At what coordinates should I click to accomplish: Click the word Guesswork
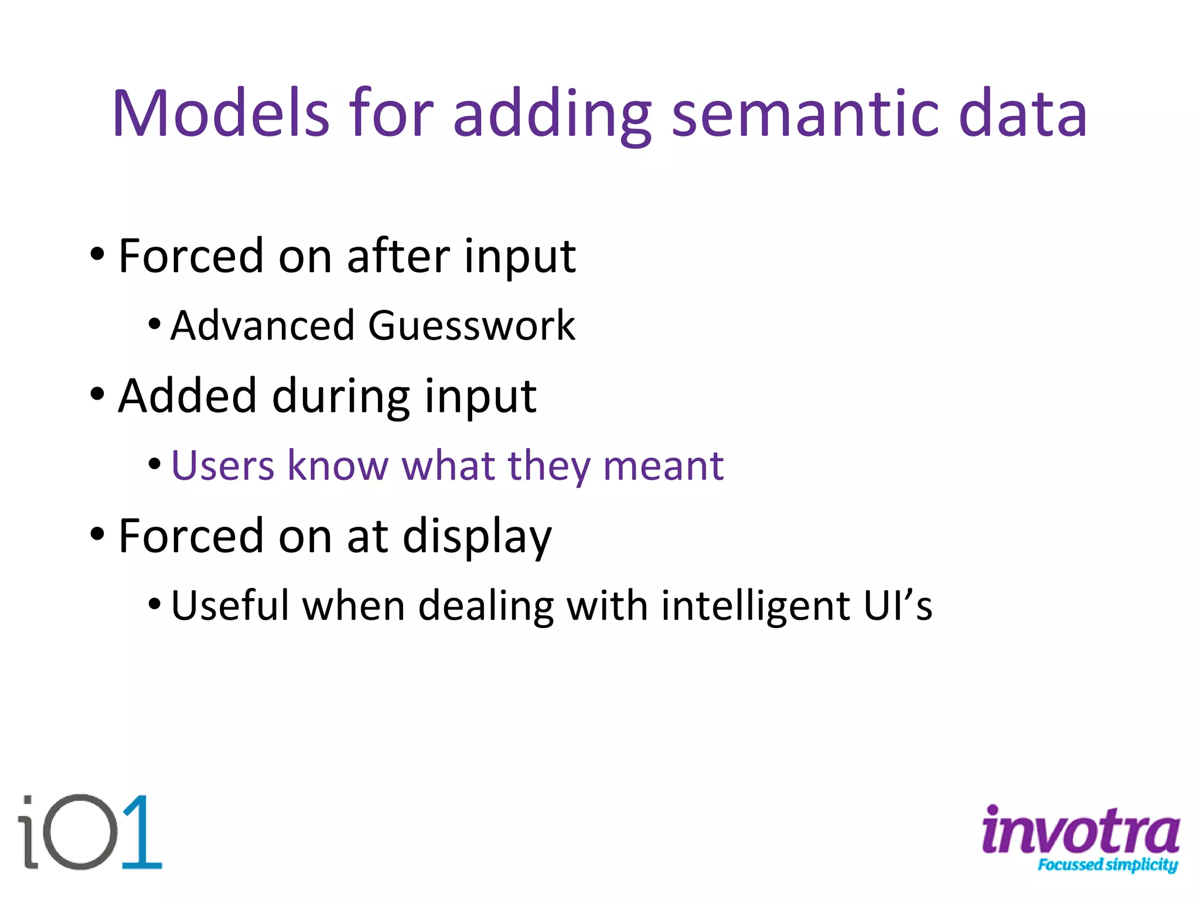pos(472,326)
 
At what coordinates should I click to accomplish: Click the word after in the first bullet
pos(398,256)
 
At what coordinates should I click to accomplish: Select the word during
pos(340,397)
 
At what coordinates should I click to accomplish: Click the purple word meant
pos(663,466)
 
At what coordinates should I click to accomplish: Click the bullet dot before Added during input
pos(97,394)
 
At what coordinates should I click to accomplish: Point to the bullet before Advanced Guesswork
pos(154,324)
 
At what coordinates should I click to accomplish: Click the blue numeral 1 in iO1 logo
pos(141,832)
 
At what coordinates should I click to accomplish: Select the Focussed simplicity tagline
pos(1107,865)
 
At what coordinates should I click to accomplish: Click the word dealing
pos(486,606)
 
